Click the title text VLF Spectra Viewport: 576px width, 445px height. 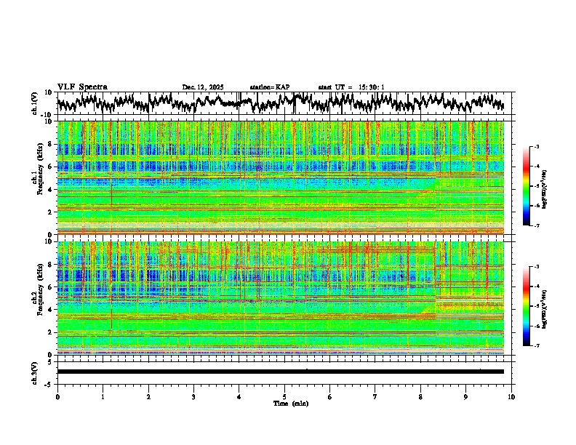pos(82,87)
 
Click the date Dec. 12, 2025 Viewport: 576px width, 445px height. pos(202,87)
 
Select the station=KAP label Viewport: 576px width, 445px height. pos(269,87)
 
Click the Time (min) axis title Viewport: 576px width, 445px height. pos(290,403)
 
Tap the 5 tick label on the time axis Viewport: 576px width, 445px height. pos(284,396)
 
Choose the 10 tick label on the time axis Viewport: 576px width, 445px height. pos(511,396)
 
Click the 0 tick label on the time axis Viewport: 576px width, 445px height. pos(57,396)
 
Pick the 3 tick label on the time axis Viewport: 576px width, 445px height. pos(193,396)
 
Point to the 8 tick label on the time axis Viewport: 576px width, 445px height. pos(420,396)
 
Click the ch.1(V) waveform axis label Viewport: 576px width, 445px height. pos(34,104)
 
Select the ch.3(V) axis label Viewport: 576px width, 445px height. pos(34,372)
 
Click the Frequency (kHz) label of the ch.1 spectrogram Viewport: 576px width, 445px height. pos(39,178)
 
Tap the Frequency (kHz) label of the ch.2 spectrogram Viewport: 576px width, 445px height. pos(39,298)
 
